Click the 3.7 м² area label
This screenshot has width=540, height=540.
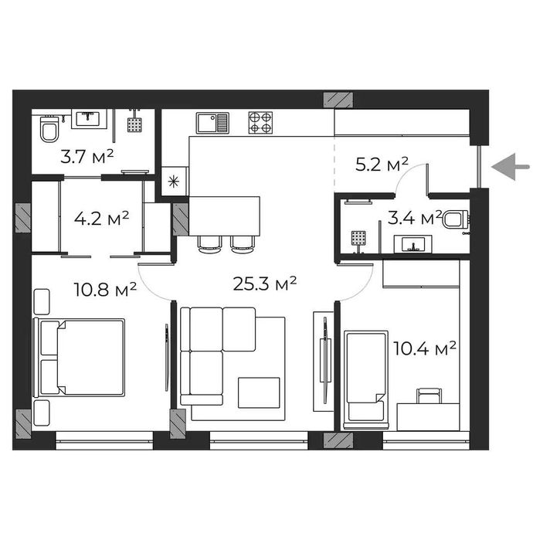coord(87,157)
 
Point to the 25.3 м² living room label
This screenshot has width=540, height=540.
coord(265,284)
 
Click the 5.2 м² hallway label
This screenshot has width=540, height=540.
coord(382,164)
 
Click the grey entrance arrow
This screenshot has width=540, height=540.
coord(511,166)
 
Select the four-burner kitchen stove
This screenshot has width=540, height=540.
coord(260,122)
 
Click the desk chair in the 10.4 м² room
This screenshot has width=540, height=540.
coord(428,396)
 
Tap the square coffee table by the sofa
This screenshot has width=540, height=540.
coord(258,392)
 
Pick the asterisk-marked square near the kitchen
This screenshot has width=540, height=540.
coord(173,182)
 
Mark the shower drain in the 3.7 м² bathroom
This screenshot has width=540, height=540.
coord(137,124)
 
